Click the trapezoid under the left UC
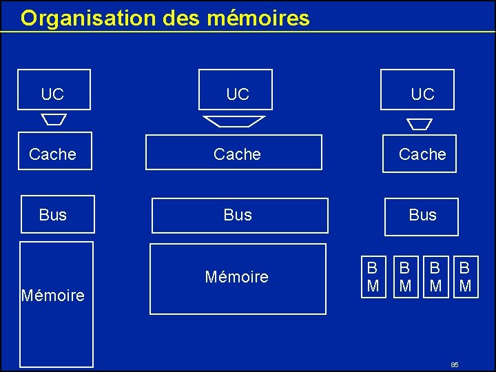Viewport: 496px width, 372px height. tap(54, 119)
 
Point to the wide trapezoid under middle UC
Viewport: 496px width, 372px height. tap(234, 121)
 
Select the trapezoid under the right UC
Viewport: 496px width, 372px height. tap(419, 124)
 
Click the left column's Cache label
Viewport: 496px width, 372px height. tap(52, 154)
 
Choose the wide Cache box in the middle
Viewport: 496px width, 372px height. tap(234, 153)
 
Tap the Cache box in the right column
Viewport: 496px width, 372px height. tap(420, 154)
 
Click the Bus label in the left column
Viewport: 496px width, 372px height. tap(53, 215)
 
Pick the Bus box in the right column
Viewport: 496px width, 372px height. tap(420, 216)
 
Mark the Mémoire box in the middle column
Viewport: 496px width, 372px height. tap(238, 278)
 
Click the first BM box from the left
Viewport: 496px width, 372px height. tap(373, 276)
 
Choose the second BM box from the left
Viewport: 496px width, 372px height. tap(406, 276)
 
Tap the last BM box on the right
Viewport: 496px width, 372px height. tap(465, 276)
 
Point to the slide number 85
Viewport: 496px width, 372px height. tap(455, 364)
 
